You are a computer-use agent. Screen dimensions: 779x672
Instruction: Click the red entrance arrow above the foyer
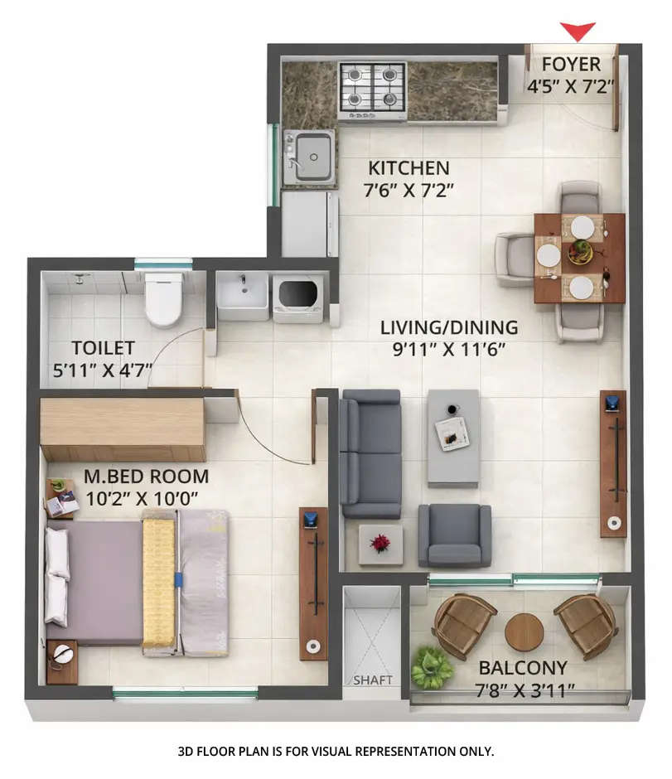tap(578, 31)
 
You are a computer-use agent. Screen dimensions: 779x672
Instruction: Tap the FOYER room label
tap(571, 65)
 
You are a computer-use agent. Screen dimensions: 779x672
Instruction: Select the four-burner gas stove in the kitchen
tap(372, 87)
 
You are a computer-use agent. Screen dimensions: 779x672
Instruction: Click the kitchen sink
tap(310, 155)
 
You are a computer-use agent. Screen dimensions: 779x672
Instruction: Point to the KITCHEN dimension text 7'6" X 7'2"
tap(409, 190)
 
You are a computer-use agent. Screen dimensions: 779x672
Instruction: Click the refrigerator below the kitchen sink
tap(309, 224)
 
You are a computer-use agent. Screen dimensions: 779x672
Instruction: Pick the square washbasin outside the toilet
tap(242, 294)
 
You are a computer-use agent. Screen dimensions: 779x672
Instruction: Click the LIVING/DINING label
tap(448, 327)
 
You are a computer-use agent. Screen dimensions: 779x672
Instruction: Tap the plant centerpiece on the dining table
tap(580, 251)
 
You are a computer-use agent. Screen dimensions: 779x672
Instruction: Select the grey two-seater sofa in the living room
tap(370, 452)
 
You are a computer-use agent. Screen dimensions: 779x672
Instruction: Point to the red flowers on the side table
tap(380, 544)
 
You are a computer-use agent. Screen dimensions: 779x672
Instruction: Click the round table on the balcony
tap(524, 632)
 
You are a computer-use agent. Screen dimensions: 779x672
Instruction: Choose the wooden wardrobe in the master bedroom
tap(122, 428)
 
